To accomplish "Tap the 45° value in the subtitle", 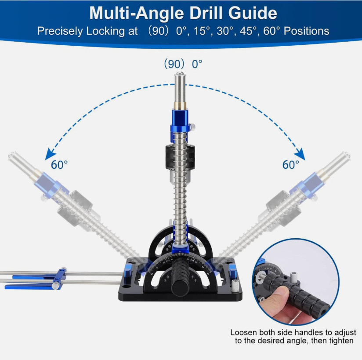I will (x=258, y=31).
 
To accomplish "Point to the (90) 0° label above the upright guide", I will (x=183, y=64).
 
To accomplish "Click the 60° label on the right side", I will (x=291, y=165).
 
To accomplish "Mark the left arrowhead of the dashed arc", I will (x=49, y=154).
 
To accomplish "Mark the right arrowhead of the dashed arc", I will (x=301, y=154).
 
